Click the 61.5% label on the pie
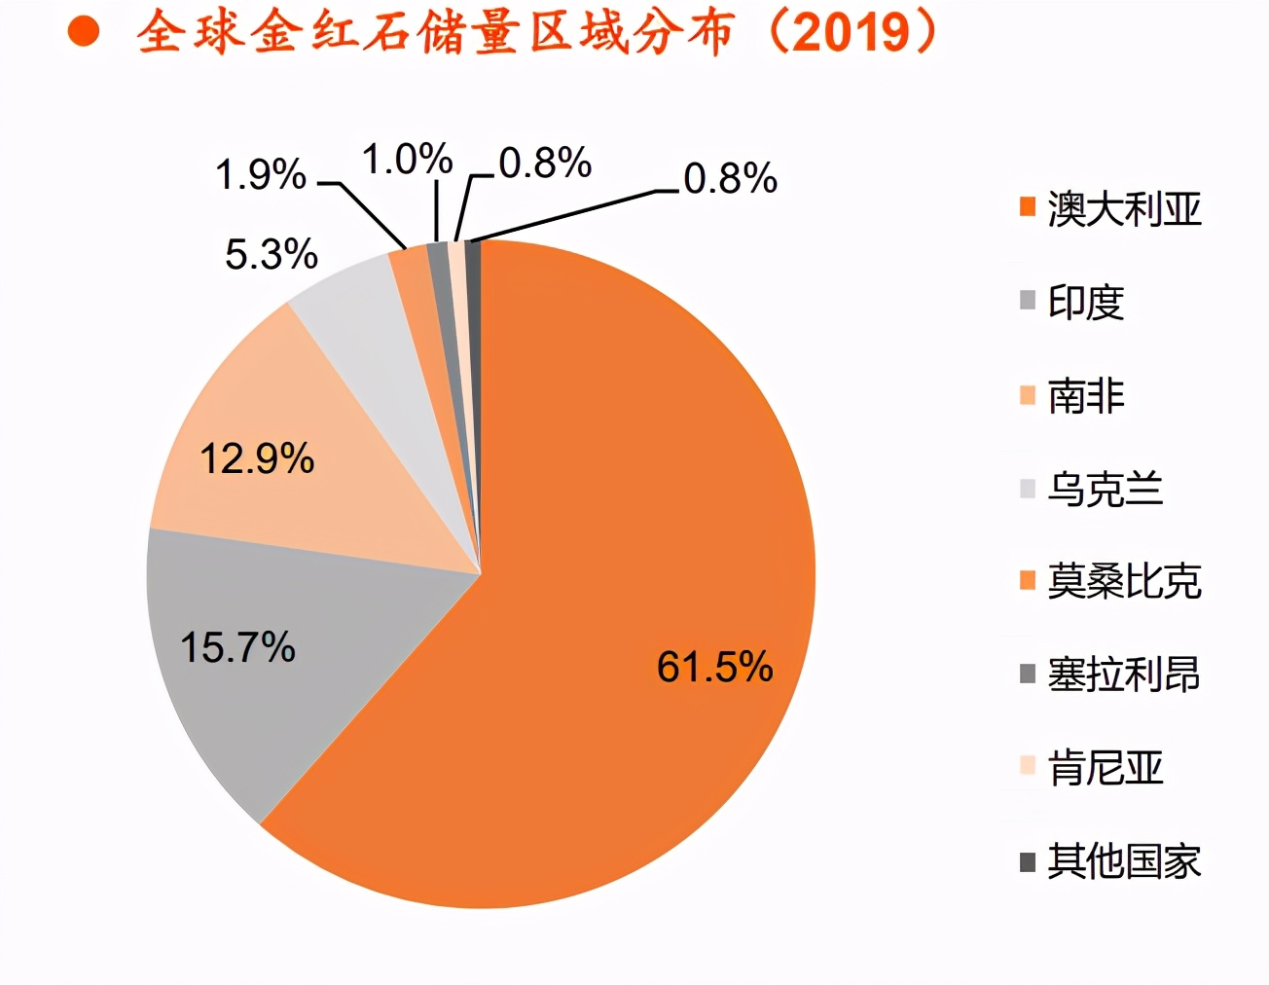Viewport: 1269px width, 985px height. [x=714, y=668]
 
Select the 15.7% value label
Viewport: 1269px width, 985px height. [x=238, y=647]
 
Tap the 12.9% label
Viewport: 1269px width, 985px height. [x=257, y=458]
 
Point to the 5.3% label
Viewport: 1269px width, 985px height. [x=272, y=255]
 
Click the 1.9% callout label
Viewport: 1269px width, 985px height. [x=260, y=175]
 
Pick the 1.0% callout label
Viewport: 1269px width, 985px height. [x=407, y=160]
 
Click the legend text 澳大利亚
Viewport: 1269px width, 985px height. [x=1124, y=209]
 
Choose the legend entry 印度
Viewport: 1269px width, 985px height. [x=1086, y=303]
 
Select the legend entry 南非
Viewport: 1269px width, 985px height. [x=1086, y=396]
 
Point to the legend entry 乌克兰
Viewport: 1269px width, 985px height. [x=1106, y=489]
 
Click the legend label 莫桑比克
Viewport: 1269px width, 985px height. [x=1124, y=582]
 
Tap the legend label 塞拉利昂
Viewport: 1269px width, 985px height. [x=1124, y=675]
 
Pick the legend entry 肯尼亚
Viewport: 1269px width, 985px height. [x=1106, y=768]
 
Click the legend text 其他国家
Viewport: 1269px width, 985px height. [x=1124, y=861]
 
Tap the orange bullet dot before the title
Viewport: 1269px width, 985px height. [x=85, y=31]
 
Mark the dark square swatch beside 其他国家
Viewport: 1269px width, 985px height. [x=1028, y=861]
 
